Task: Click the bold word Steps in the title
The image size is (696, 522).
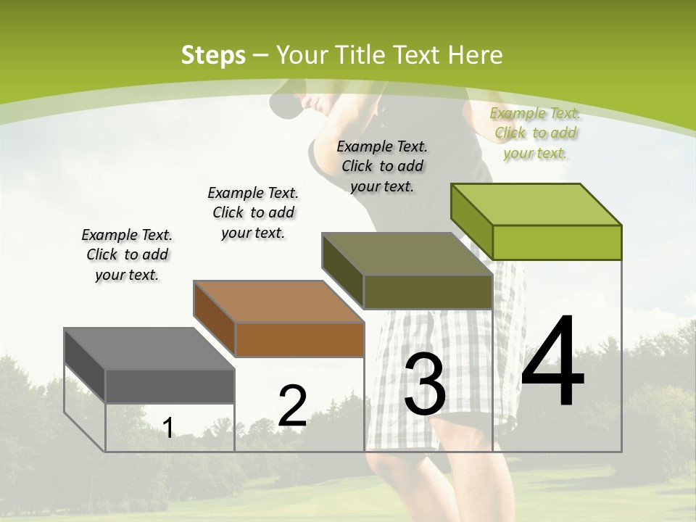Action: point(212,55)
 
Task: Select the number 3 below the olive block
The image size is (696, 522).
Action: point(424,384)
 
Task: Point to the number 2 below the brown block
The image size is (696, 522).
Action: point(292,406)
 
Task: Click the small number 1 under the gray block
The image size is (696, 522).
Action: point(167,428)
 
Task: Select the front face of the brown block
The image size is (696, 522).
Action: point(299,339)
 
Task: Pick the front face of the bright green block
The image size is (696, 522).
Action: point(557,242)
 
